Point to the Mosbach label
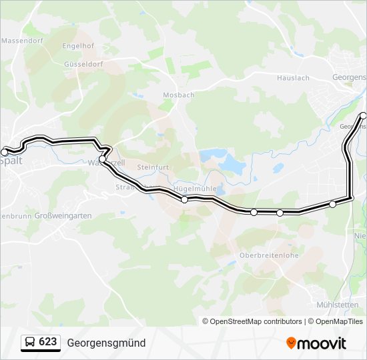tap(179, 95)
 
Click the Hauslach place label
tap(293, 78)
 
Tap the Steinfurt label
tap(153, 167)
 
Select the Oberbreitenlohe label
tap(269, 255)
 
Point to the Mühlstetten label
tap(339, 305)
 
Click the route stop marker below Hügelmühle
tap(185, 199)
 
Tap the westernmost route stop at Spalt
tap(5, 153)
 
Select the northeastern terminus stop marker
tap(364, 115)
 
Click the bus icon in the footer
tap(31, 343)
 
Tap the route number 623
tap(47, 342)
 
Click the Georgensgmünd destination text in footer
tap(106, 343)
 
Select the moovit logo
tap(316, 343)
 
